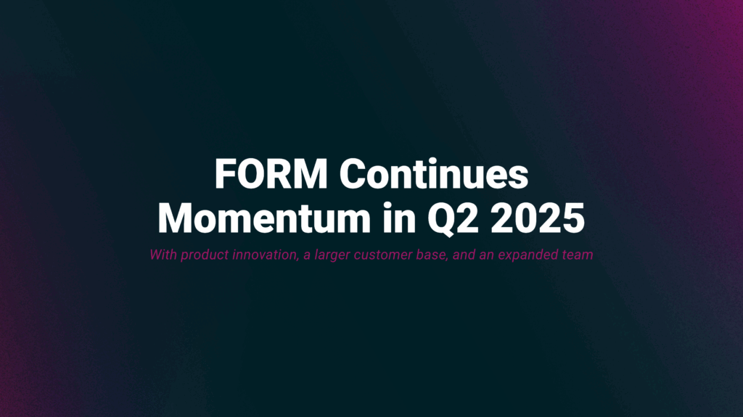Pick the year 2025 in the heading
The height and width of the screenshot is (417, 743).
538,218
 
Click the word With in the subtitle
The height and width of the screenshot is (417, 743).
162,255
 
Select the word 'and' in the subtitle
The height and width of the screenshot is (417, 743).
457,255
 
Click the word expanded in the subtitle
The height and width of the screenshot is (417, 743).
525,256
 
